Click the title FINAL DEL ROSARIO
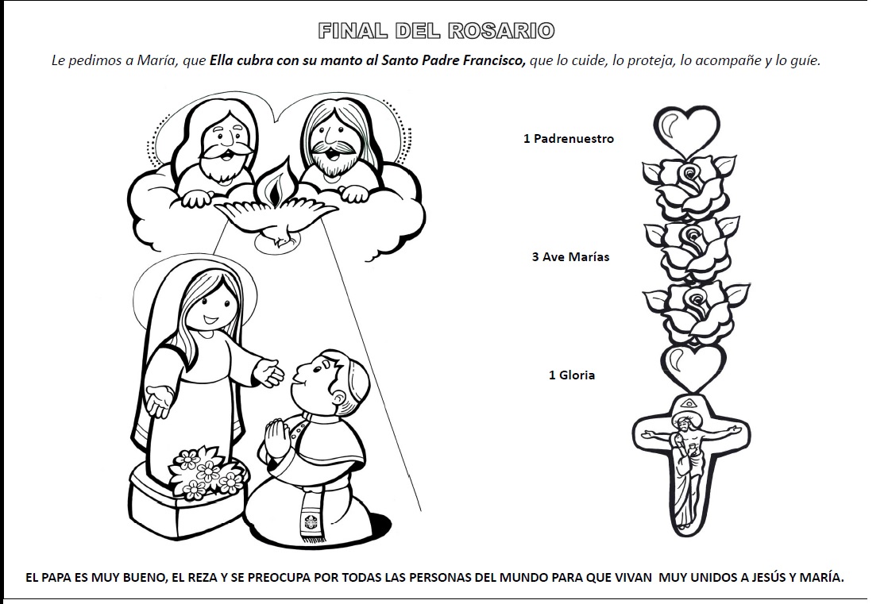click(435, 31)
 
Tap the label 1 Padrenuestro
click(569, 139)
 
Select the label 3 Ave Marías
click(571, 257)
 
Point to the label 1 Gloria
click(572, 375)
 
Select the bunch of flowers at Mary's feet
click(204, 470)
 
